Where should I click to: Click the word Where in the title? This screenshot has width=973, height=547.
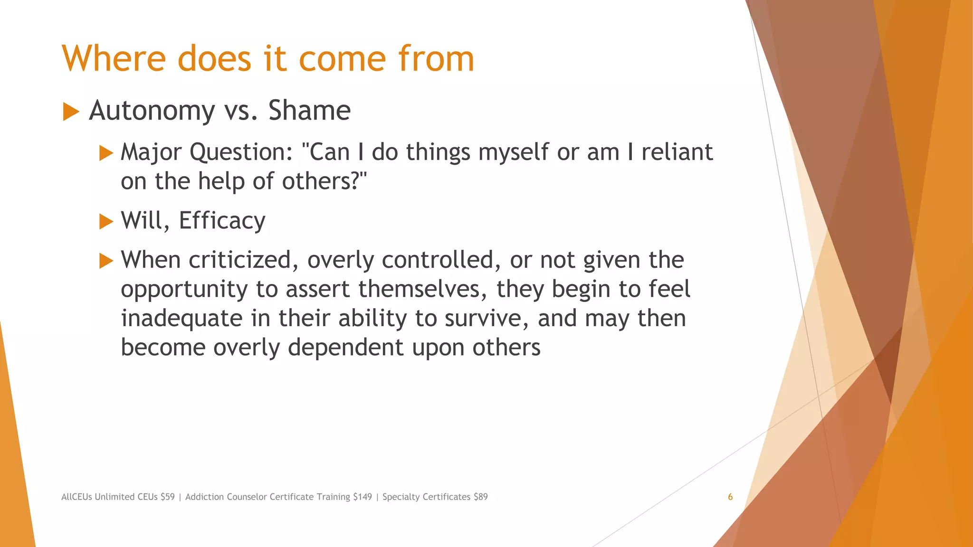tap(114, 59)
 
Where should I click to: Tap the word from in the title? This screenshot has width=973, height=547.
tap(436, 59)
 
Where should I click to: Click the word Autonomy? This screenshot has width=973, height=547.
tap(152, 112)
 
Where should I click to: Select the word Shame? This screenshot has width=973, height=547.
tap(309, 111)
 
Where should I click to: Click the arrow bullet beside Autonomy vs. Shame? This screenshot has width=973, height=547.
tap(71, 112)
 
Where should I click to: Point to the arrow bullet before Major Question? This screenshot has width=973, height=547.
tap(106, 153)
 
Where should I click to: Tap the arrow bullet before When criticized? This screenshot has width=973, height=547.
tap(106, 261)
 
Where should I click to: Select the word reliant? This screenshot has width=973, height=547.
tap(677, 152)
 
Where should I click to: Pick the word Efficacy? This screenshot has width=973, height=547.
tap(222, 221)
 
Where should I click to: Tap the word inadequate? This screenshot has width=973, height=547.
tap(181, 319)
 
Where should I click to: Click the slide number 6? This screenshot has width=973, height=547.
tap(730, 497)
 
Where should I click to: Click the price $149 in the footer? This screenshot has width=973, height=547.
tap(362, 497)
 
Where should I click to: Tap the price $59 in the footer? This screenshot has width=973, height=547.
tap(168, 497)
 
